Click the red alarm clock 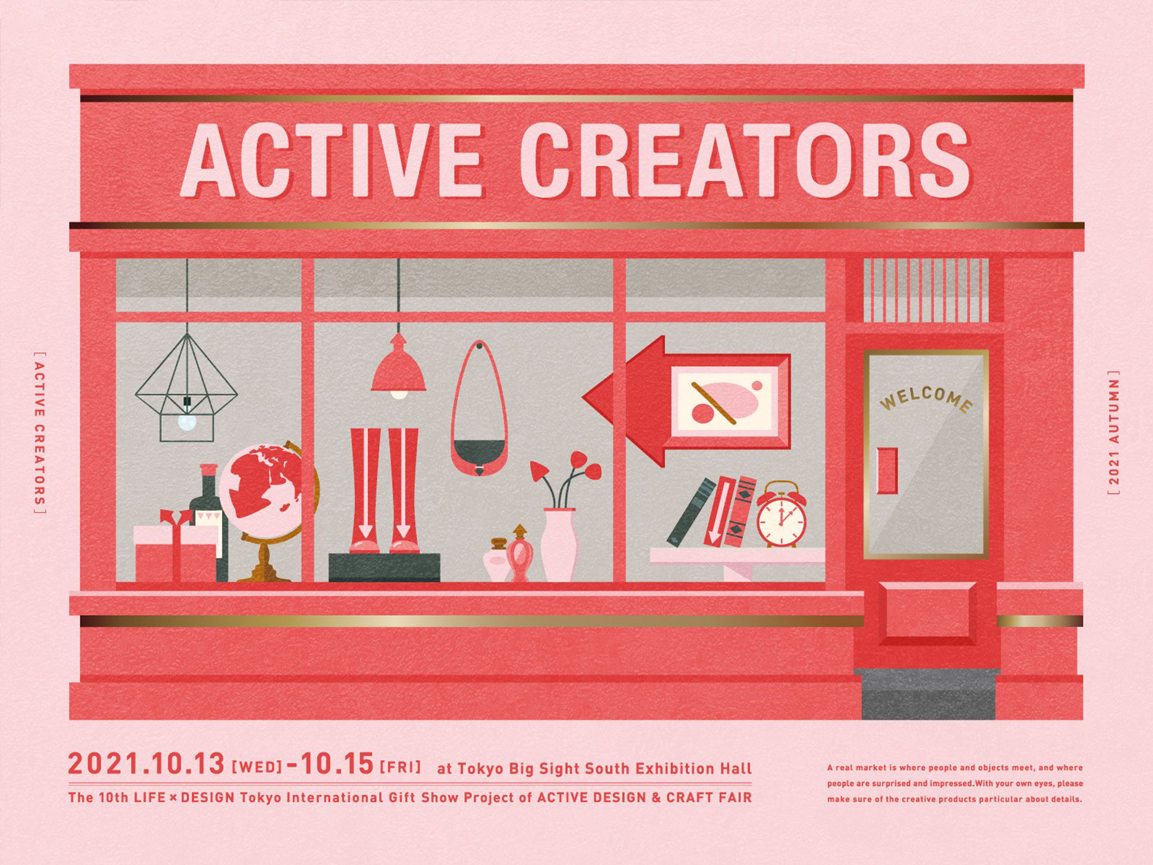781,515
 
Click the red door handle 887,471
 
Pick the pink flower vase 559,544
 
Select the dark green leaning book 691,512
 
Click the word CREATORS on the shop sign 745,161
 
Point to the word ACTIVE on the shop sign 330,161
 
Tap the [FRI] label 400,766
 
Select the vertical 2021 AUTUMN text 1114,432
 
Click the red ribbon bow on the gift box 177,517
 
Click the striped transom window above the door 926,290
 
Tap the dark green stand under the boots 384,567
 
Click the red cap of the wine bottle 209,470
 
